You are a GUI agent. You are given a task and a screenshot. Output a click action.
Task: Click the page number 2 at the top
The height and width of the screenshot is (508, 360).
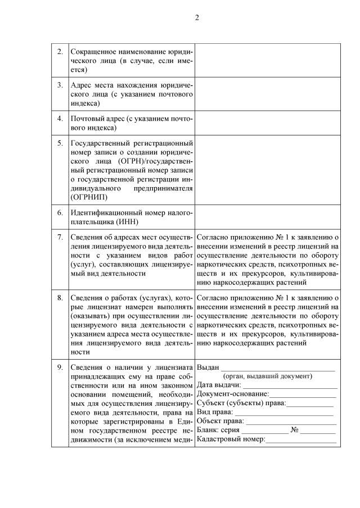click(197, 17)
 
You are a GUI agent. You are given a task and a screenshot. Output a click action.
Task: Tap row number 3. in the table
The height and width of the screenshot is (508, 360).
click(60, 85)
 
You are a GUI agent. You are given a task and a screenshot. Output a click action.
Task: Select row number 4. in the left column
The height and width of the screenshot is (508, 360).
click(60, 119)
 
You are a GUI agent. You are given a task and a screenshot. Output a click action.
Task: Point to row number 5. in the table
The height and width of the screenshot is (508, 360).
click(60, 143)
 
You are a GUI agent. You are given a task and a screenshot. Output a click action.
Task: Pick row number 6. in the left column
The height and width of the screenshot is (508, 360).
click(60, 214)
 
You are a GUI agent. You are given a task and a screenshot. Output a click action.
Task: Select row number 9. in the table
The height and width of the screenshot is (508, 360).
click(60, 368)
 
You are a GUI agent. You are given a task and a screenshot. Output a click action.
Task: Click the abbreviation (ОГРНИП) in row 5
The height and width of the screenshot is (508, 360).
click(90, 198)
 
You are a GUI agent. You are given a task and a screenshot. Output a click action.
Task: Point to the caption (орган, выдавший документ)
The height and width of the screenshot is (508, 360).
click(267, 376)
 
